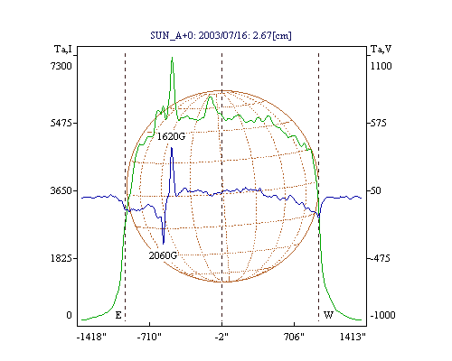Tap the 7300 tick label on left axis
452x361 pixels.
[x=61, y=66]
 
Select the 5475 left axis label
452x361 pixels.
[x=61, y=123]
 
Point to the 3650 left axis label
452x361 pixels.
[x=61, y=190]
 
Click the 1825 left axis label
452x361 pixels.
[x=61, y=258]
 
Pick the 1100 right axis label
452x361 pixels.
[x=381, y=66]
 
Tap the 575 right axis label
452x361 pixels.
[x=378, y=123]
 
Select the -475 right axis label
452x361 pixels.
[x=380, y=258]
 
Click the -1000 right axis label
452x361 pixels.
[x=382, y=315]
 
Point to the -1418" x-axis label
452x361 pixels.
[x=91, y=337]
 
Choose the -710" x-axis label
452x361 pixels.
[x=149, y=337]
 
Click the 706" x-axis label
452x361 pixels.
[x=294, y=337]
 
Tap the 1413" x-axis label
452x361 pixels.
[x=353, y=337]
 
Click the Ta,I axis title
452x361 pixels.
[x=63, y=49]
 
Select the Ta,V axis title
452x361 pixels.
[x=381, y=49]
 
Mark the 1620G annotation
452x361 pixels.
[x=171, y=136]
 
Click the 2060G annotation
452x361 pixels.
[x=163, y=255]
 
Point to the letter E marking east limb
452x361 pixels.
[x=118, y=315]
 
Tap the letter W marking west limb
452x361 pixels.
[x=328, y=315]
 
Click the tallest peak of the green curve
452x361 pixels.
[x=172, y=58]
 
